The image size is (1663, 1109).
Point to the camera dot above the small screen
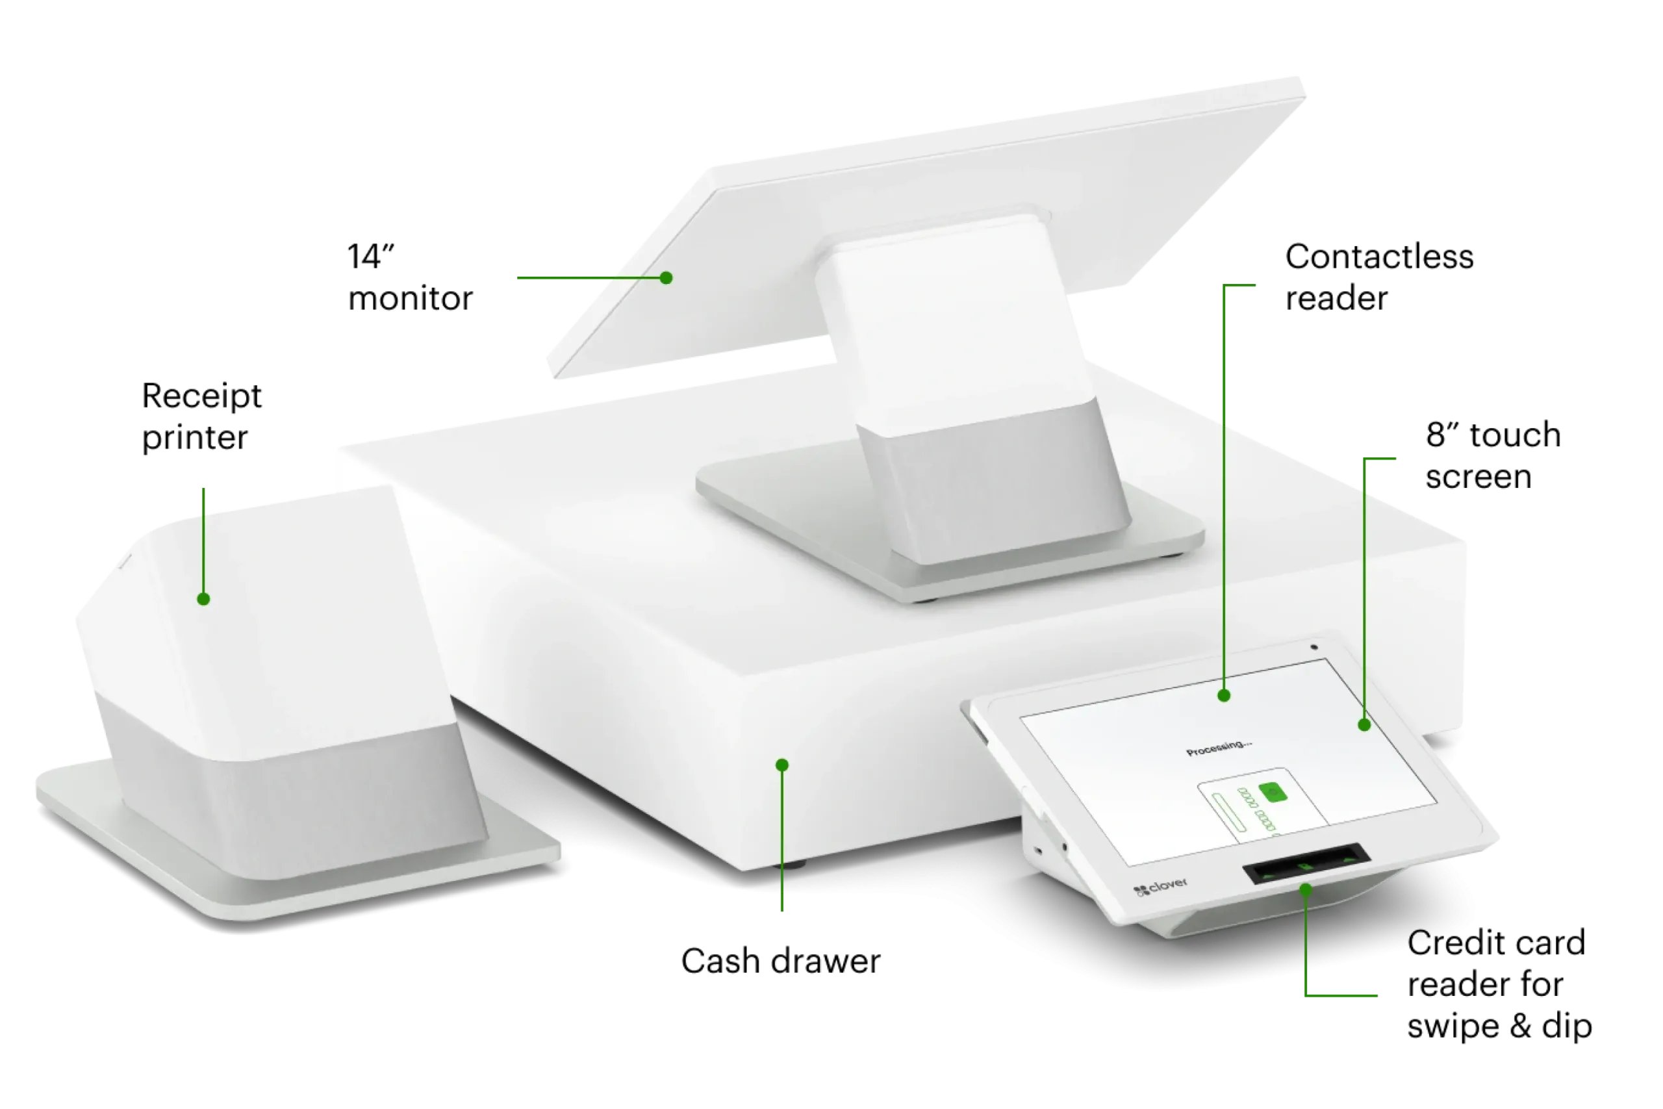(1314, 646)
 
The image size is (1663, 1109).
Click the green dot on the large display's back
(665, 278)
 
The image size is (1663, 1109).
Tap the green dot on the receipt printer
(203, 599)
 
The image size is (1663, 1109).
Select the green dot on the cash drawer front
(781, 765)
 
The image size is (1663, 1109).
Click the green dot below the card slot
(1306, 889)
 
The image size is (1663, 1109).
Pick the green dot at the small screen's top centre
(1225, 696)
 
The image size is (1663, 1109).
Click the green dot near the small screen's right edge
(1365, 725)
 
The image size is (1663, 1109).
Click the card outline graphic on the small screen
(1252, 806)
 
